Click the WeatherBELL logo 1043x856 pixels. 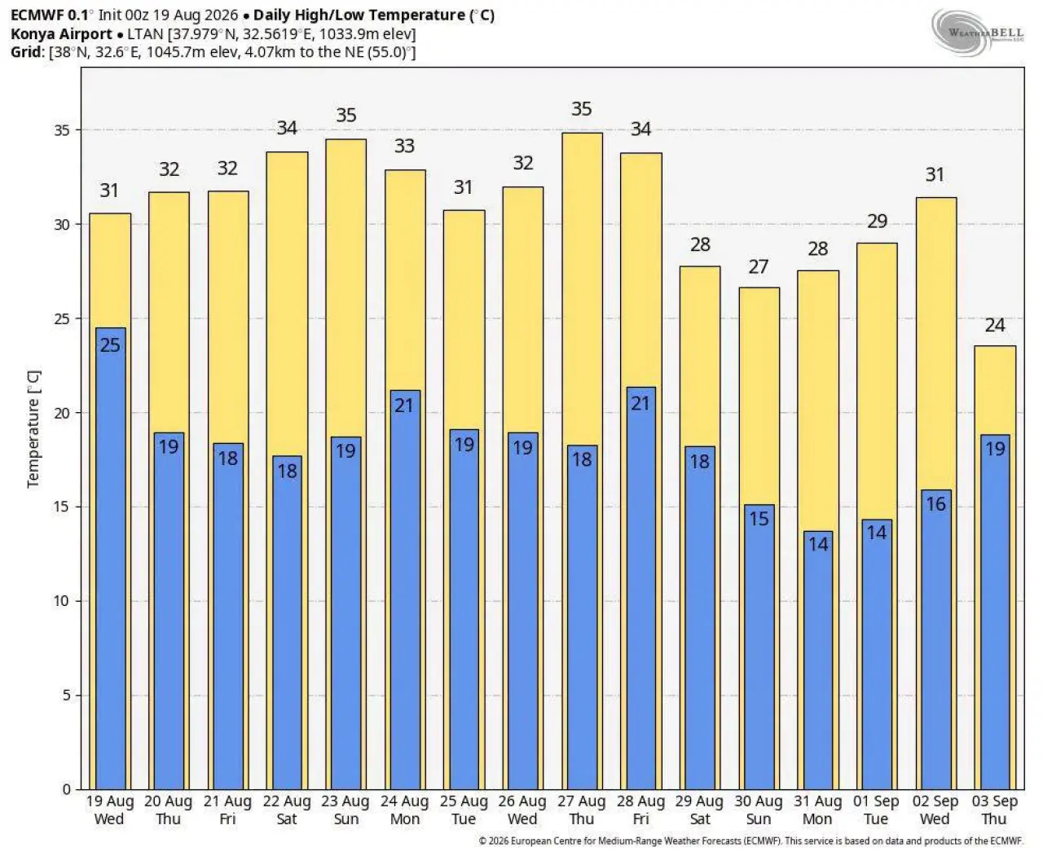tap(977, 33)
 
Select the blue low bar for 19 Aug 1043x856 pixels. tap(110, 558)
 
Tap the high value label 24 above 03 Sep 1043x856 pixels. tap(995, 325)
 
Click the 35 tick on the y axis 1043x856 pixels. tap(62, 130)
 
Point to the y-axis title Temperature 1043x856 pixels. tap(33, 429)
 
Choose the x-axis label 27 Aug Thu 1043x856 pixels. tap(582, 810)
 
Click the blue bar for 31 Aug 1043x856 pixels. tap(818, 661)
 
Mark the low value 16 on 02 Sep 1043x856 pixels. tap(935, 503)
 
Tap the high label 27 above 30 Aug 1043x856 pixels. tap(759, 267)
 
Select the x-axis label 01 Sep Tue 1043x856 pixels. tap(876, 810)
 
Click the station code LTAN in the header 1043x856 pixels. tap(145, 34)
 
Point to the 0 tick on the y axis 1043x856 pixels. tap(66, 789)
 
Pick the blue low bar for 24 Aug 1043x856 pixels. tap(405, 590)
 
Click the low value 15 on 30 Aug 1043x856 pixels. tap(759, 519)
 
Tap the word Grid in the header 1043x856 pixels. tap(26, 52)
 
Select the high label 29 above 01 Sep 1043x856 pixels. tap(878, 221)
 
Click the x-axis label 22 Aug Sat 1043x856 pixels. tap(287, 810)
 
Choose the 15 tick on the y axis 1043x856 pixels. tap(62, 507)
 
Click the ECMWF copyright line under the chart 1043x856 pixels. tap(750, 841)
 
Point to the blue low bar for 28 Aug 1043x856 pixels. tap(641, 588)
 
